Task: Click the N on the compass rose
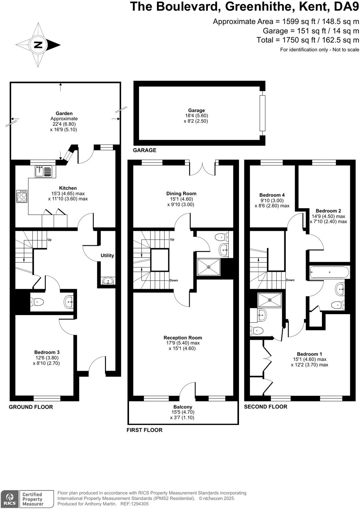pyautogui.click(x=38, y=45)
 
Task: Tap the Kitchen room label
pyautogui.click(x=68, y=188)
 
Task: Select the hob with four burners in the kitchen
pyautogui.click(x=22, y=196)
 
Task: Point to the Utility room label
pyautogui.click(x=107, y=255)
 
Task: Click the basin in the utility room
pyautogui.click(x=108, y=281)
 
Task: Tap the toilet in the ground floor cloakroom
pyautogui.click(x=37, y=302)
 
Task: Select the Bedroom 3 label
pyautogui.click(x=47, y=352)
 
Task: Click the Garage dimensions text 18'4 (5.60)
pyautogui.click(x=196, y=116)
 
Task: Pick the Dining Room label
pyautogui.click(x=181, y=194)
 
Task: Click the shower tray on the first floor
pyautogui.click(x=209, y=267)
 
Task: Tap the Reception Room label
pyautogui.click(x=183, y=337)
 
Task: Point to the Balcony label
pyautogui.click(x=183, y=407)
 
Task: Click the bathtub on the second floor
pyautogui.click(x=329, y=272)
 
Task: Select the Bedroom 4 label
pyautogui.click(x=272, y=195)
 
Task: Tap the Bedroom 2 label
pyautogui.click(x=328, y=211)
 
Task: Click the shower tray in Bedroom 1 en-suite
pyautogui.click(x=270, y=300)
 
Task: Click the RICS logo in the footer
pyautogui.click(x=9, y=499)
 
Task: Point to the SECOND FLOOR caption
pyautogui.click(x=265, y=406)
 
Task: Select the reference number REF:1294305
pyautogui.click(x=134, y=504)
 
